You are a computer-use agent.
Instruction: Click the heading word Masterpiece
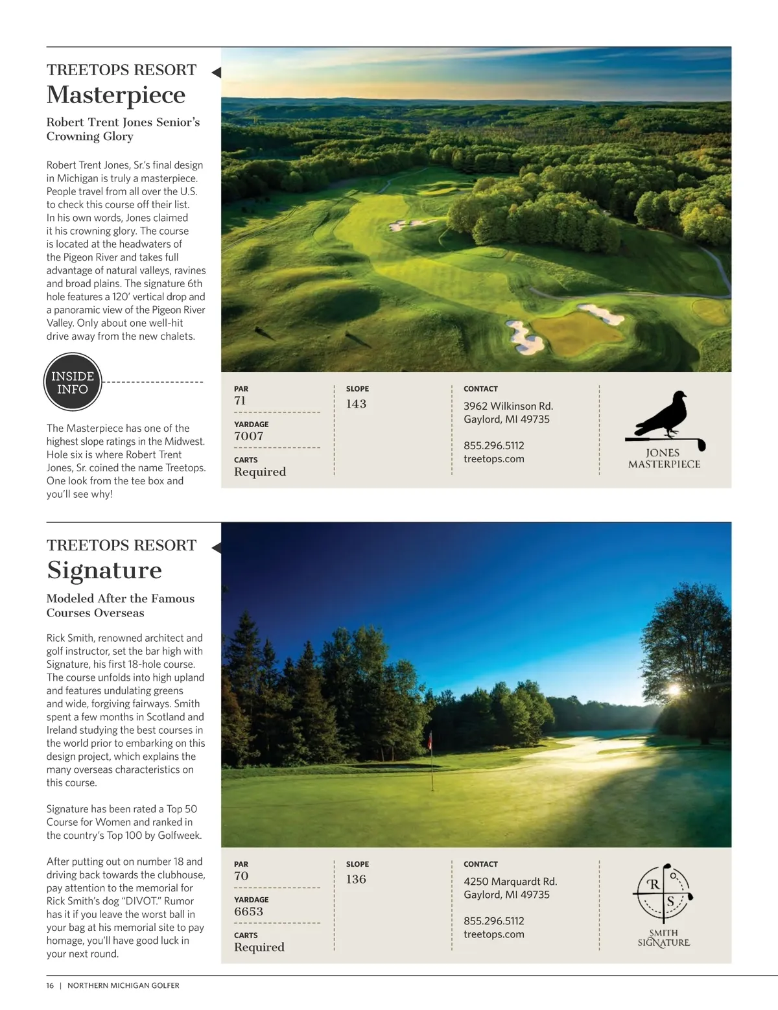pos(116,95)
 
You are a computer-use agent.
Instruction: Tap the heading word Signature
pos(104,570)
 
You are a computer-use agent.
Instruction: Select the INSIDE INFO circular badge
pos(73,382)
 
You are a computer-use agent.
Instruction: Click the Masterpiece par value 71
pos(241,401)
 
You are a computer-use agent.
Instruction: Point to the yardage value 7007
pos(249,436)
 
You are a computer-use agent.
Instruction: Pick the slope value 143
pos(356,404)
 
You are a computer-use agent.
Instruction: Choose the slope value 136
pos(356,879)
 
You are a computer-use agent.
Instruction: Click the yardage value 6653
pos(249,911)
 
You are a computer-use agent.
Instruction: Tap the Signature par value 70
pos(241,876)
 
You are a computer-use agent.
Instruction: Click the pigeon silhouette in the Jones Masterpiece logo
pos(661,415)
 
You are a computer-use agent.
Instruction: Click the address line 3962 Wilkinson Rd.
pos(508,406)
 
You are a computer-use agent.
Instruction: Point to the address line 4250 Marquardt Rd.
pos(510,882)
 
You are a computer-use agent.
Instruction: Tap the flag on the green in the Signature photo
pos(430,740)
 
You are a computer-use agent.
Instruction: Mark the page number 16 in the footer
pos(51,985)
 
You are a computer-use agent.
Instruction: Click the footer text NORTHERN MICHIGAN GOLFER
pos(123,985)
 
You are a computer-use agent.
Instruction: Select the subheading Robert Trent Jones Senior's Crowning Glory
pos(123,129)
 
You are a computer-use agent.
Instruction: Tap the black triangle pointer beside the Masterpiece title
pos(217,73)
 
